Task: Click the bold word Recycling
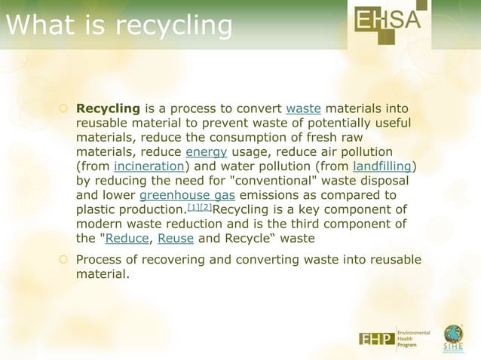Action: [109, 108]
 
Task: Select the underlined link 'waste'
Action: [303, 108]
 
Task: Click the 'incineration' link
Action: [149, 166]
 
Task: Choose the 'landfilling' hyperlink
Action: [383, 166]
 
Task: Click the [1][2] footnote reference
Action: [198, 207]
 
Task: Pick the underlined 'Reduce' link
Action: [127, 238]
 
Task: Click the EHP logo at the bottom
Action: [377, 339]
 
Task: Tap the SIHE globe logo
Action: [453, 337]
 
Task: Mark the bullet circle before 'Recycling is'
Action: [65, 109]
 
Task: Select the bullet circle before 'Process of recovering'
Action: [65, 261]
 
